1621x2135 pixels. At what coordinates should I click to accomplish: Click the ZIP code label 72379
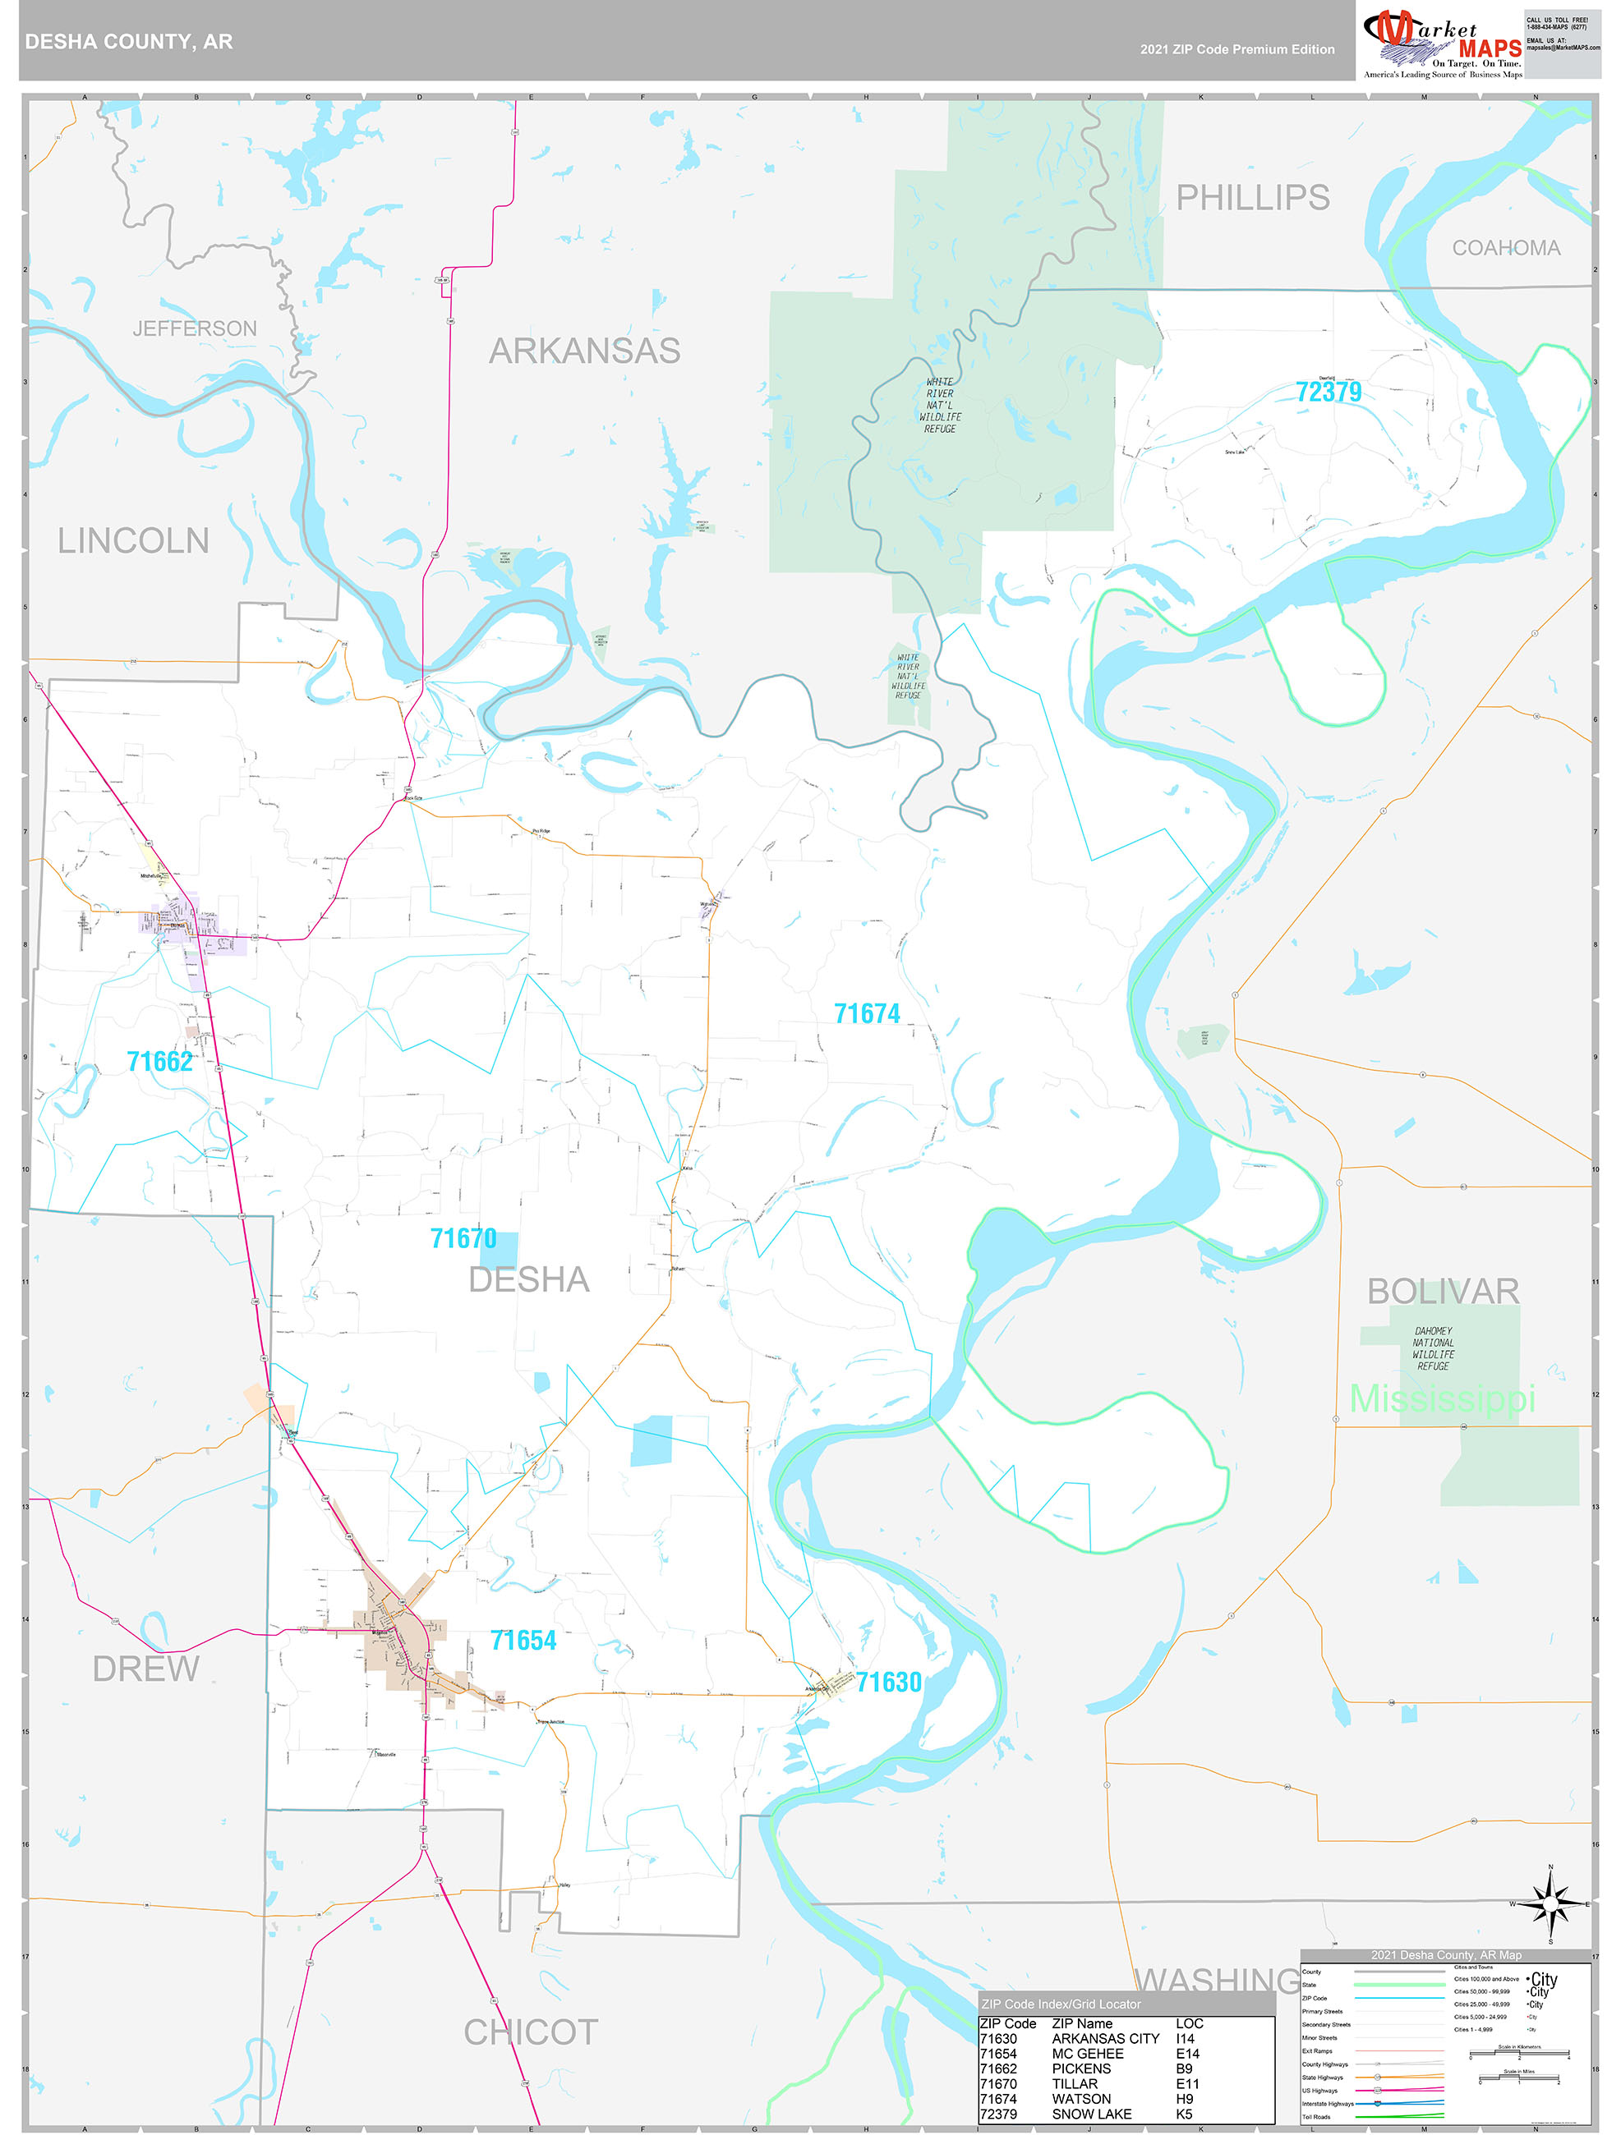1328,392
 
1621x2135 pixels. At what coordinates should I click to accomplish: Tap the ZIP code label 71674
866,1013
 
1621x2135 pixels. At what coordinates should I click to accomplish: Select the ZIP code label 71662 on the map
159,1062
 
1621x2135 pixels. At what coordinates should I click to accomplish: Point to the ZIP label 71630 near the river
888,1683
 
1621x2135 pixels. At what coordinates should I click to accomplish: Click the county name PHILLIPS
1252,198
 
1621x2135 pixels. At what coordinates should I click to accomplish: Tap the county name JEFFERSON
194,329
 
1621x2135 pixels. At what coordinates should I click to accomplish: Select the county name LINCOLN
133,541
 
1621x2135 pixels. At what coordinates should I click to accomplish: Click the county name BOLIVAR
1443,1292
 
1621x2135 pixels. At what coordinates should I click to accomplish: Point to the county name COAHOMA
1505,248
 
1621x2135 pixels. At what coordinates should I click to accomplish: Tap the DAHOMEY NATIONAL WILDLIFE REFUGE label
1433,1348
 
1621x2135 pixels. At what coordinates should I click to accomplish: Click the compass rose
1550,1904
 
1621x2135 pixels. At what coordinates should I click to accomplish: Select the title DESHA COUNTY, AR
128,42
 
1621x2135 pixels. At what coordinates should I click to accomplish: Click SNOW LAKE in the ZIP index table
1091,2114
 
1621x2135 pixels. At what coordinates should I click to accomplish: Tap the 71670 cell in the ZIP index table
998,2084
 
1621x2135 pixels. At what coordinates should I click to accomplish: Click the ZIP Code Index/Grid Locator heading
1060,2004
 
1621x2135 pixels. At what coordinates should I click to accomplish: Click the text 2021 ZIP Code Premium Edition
1236,49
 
